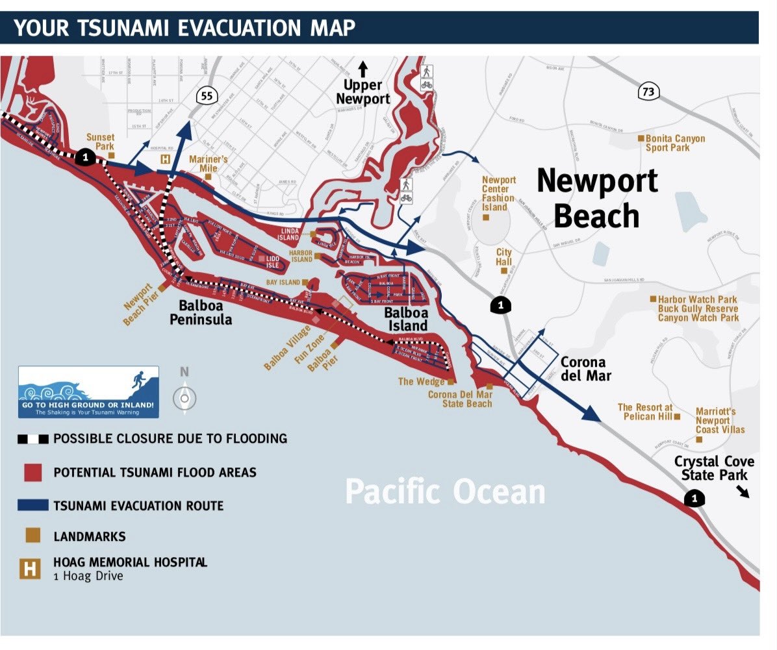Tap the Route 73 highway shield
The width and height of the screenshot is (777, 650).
click(647, 92)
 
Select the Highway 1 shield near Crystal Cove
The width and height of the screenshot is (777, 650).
click(695, 499)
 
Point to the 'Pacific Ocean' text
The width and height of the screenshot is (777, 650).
click(445, 492)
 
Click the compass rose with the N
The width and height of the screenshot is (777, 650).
click(185, 397)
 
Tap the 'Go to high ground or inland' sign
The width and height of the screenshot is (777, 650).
click(88, 392)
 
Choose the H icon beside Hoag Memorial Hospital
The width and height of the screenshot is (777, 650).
click(30, 568)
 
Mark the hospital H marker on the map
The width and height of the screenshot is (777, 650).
click(166, 158)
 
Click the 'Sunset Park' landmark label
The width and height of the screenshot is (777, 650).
click(100, 142)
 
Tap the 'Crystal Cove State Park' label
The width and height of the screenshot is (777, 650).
click(714, 468)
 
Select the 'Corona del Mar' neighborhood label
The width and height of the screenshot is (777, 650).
click(583, 369)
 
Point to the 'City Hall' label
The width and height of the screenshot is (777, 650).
click(503, 256)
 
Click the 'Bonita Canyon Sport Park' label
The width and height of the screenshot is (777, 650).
click(675, 143)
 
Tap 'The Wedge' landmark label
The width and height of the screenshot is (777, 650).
click(422, 381)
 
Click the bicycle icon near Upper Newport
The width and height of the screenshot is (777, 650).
click(427, 84)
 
